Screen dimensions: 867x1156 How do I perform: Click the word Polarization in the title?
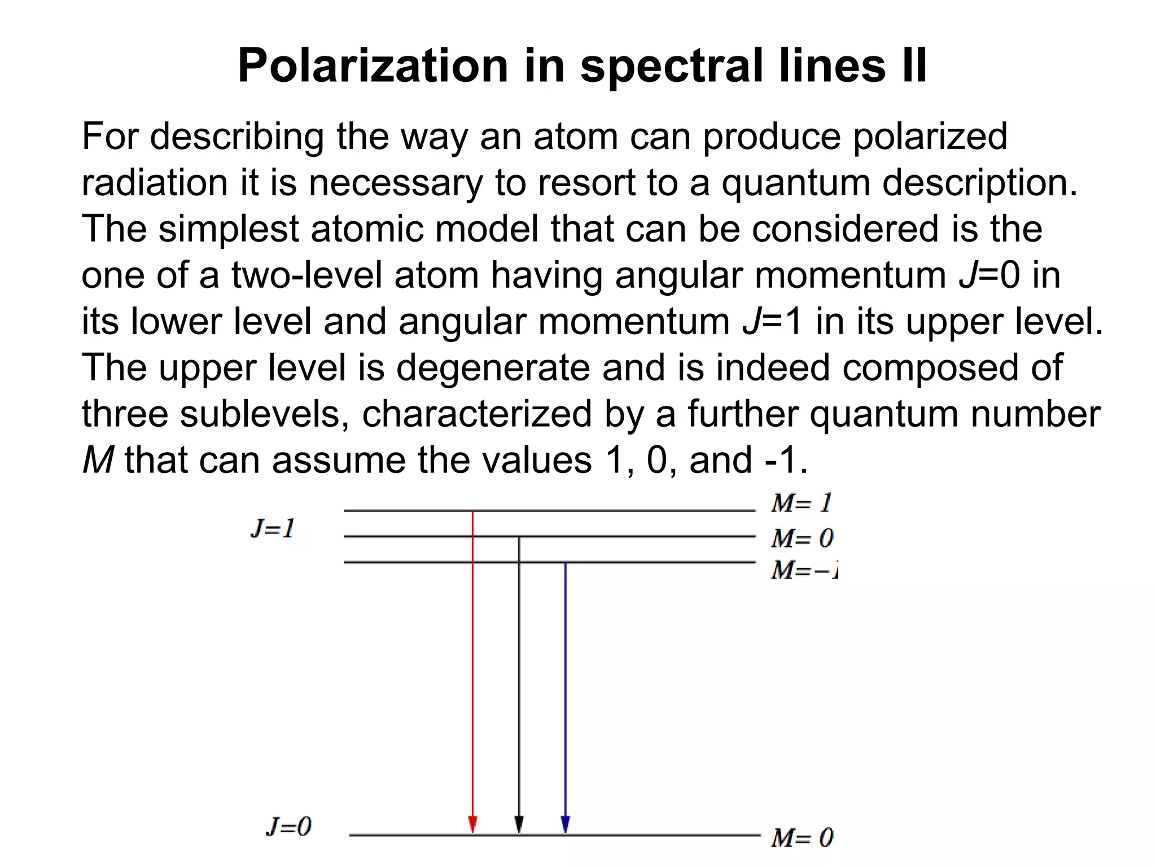pyautogui.click(x=373, y=66)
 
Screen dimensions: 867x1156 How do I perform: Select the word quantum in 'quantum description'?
pyautogui.click(x=796, y=183)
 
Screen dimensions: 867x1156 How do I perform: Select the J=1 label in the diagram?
pyautogui.click(x=273, y=529)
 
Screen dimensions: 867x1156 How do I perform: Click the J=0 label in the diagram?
pyautogui.click(x=288, y=827)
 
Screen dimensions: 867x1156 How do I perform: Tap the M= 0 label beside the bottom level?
pyautogui.click(x=802, y=838)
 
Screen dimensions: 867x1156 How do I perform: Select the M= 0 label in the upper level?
pyautogui.click(x=802, y=538)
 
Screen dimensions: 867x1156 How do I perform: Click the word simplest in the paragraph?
pyautogui.click(x=228, y=229)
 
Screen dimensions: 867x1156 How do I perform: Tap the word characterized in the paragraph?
pyautogui.click(x=477, y=414)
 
